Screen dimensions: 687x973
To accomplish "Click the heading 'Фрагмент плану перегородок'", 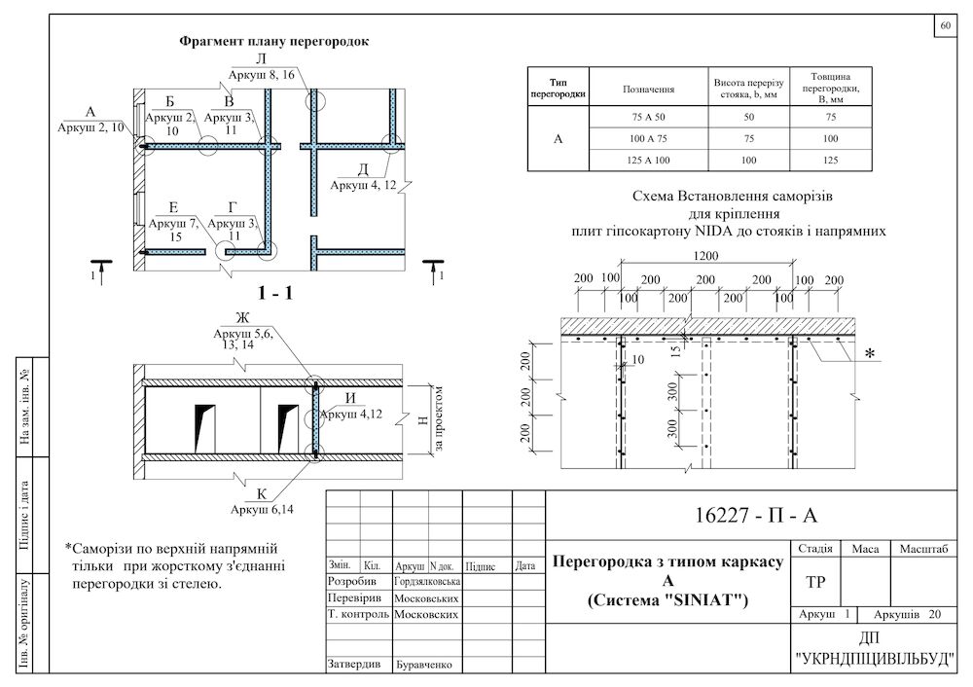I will point(273,42).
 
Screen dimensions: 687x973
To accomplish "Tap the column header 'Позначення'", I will point(648,89).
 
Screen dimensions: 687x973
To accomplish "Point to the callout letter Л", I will point(261,58).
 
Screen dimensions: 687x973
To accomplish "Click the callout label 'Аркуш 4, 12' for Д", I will point(362,185).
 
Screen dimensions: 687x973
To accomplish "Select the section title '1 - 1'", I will point(275,293).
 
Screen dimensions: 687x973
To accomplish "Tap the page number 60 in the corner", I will point(946,26).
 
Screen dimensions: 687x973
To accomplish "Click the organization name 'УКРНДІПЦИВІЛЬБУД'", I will point(875,659).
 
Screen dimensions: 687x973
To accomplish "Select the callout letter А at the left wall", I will point(90,112).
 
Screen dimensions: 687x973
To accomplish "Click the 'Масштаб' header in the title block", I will point(924,549).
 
